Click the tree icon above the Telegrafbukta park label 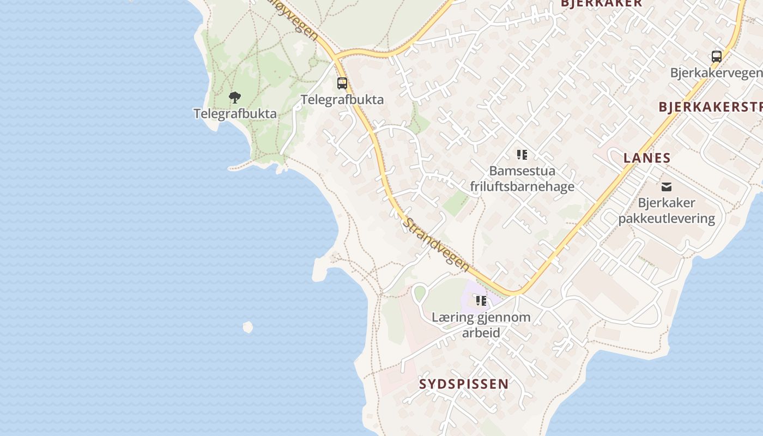point(235,98)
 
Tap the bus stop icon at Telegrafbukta point(342,83)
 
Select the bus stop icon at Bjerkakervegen point(717,56)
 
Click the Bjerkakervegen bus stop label point(716,73)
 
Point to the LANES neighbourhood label point(647,158)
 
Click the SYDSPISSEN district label point(464,384)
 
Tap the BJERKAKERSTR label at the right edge point(710,107)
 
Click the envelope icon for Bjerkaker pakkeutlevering point(666,187)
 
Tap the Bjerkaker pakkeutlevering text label point(666,210)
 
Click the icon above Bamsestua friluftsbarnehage point(522,155)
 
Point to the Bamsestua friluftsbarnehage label point(522,179)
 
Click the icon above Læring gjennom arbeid point(481,301)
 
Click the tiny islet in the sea point(248,327)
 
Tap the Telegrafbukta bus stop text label point(342,100)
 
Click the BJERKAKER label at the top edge point(601,3)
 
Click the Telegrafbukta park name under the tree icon point(235,114)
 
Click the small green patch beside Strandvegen point(455,203)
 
